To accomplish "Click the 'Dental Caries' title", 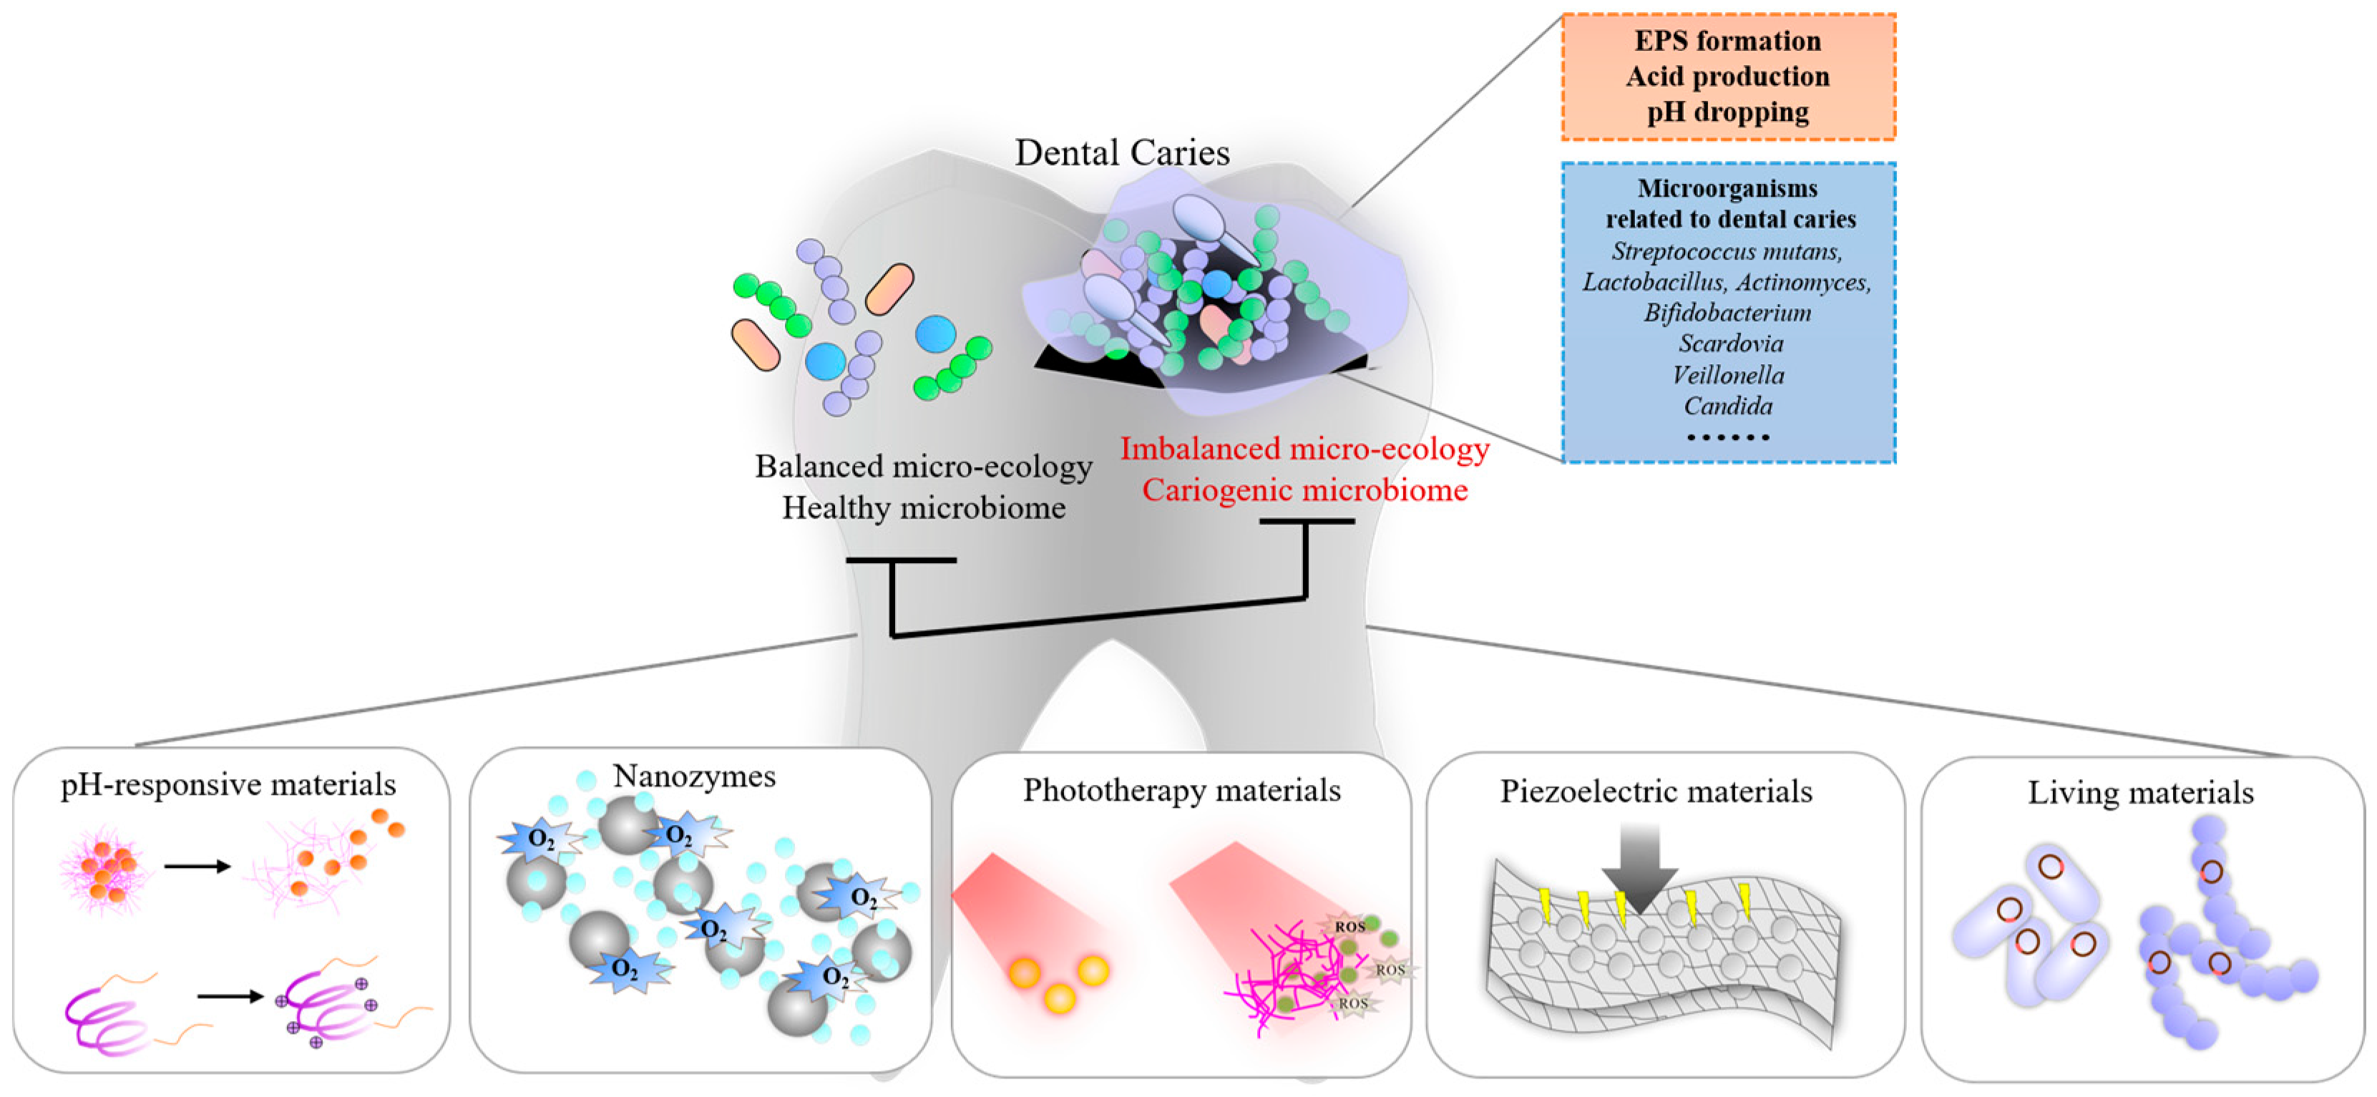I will pyautogui.click(x=1122, y=152).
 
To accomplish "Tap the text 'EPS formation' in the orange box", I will pyautogui.click(x=1727, y=41).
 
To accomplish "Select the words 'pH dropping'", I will pyautogui.click(x=1727, y=112).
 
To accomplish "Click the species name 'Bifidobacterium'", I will pyautogui.click(x=1727, y=313).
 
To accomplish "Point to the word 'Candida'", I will pyautogui.click(x=1727, y=406).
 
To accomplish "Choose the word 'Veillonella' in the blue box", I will pyautogui.click(x=1727, y=374).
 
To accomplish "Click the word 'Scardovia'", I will pyautogui.click(x=1730, y=343).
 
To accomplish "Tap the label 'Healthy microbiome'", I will pyautogui.click(x=924, y=507).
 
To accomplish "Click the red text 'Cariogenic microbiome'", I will pyautogui.click(x=1304, y=489).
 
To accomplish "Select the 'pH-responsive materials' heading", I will pyautogui.click(x=228, y=784).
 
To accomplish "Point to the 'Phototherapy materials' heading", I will pyautogui.click(x=1181, y=790).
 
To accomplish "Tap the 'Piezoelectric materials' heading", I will pyautogui.click(x=1656, y=791).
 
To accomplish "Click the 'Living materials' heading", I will pyautogui.click(x=2140, y=793).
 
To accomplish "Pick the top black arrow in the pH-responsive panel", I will pyautogui.click(x=197, y=867).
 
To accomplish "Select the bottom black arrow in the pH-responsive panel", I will pyautogui.click(x=230, y=995).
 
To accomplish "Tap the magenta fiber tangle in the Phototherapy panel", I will pyautogui.click(x=1283, y=978).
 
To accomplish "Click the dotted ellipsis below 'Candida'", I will pyautogui.click(x=1727, y=437).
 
